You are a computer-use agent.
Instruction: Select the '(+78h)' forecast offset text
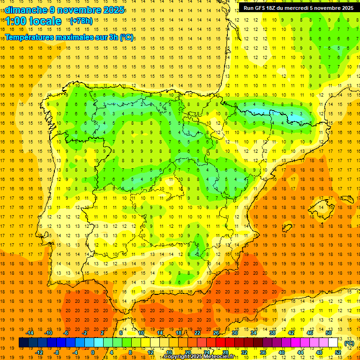[81, 21]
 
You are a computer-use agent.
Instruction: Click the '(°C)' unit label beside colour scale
[349, 343]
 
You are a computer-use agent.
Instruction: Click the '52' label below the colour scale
[338, 352]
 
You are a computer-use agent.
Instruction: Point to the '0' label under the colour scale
[93, 352]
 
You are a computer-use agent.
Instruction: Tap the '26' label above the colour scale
[216, 333]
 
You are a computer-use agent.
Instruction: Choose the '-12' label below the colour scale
[39, 352]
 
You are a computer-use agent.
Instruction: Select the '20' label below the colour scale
[188, 352]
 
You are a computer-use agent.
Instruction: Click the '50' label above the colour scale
[329, 333]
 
